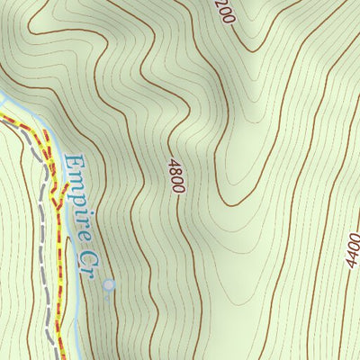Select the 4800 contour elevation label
(175, 175)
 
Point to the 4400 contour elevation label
(352, 249)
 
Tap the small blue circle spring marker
(109, 285)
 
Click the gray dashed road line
(41, 243)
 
